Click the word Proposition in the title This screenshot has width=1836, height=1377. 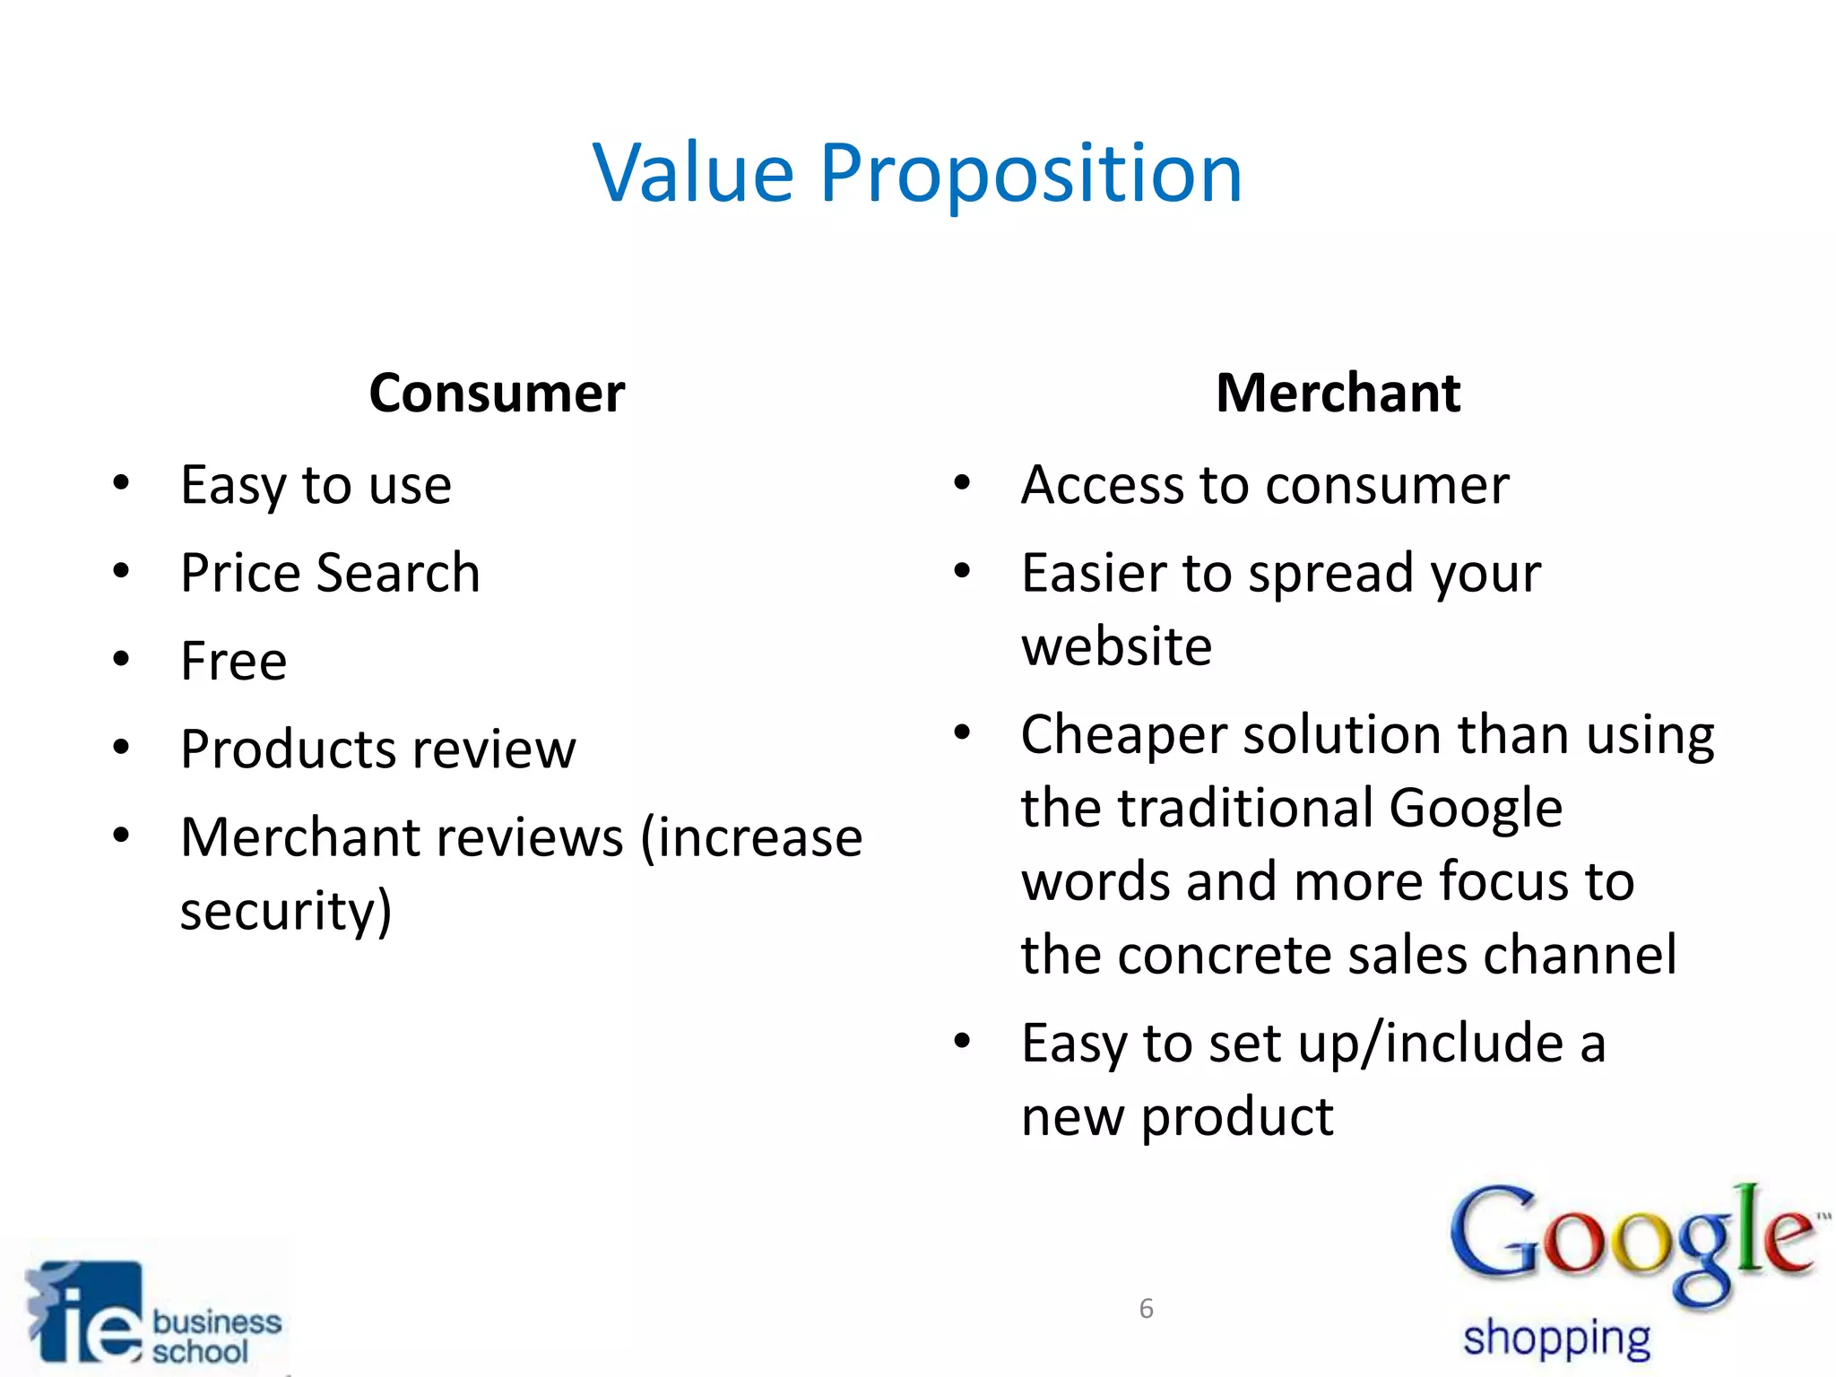tap(1030, 175)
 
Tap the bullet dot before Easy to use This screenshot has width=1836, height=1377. tap(121, 483)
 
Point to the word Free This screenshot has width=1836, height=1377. tap(233, 661)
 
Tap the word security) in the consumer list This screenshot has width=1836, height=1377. tap(286, 912)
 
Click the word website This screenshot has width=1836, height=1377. tap(1116, 646)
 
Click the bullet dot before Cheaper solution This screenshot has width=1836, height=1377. tap(962, 732)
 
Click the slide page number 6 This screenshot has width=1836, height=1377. tap(1146, 1309)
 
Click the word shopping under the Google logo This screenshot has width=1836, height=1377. tap(1556, 1339)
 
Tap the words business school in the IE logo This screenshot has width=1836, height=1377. tap(216, 1336)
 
